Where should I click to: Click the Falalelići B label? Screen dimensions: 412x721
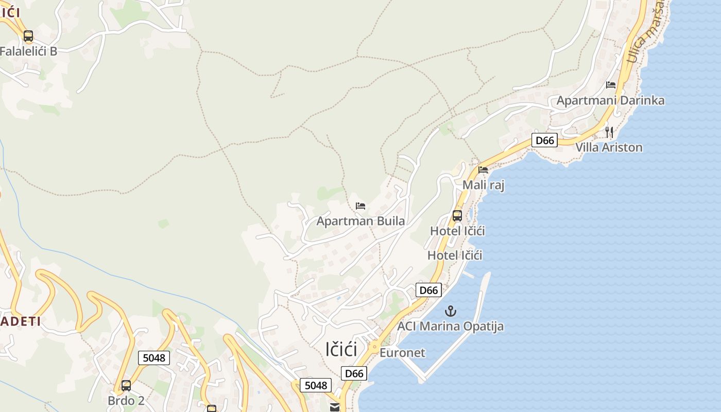(x=28, y=51)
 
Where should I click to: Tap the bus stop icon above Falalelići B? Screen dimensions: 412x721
(x=28, y=36)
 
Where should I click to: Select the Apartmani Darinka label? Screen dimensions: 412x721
(x=610, y=100)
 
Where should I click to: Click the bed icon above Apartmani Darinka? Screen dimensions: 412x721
(x=611, y=85)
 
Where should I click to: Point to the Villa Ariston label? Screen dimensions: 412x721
(x=609, y=147)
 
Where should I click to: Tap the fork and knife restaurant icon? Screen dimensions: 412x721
(x=609, y=132)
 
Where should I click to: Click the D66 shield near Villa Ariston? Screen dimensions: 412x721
(x=544, y=140)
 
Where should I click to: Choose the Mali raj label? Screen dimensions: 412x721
(x=484, y=185)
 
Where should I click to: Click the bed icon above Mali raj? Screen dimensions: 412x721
(x=483, y=169)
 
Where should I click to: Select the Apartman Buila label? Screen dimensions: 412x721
(x=360, y=221)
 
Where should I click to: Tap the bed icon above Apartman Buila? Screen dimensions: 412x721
(x=360, y=206)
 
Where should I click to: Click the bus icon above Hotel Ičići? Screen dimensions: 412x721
(x=457, y=216)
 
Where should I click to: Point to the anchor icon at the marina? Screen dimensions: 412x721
(x=451, y=311)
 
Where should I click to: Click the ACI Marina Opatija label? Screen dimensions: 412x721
(x=450, y=327)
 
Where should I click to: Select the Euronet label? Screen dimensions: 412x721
(x=402, y=353)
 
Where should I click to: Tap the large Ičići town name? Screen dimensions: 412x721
(x=341, y=349)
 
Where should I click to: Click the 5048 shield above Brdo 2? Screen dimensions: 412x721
(x=154, y=357)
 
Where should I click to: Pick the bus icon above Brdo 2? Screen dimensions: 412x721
(x=126, y=385)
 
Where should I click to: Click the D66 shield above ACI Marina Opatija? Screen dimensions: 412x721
(x=428, y=290)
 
